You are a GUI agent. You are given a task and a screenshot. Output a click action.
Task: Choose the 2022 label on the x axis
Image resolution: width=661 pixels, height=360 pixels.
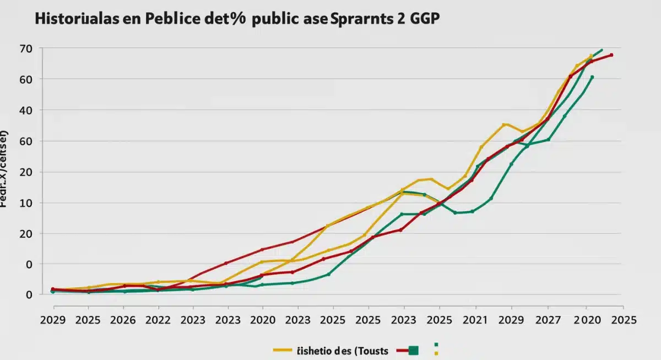[158, 320]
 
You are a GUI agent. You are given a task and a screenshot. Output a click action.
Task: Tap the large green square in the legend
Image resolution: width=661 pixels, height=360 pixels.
[414, 351]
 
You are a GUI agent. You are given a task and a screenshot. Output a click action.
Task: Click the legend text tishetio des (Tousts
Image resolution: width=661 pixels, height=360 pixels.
[343, 351]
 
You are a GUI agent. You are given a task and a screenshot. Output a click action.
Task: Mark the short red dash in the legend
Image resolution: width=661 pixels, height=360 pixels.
[400, 351]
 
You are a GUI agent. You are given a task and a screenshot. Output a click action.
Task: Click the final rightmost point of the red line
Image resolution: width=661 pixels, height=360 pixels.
[611, 55]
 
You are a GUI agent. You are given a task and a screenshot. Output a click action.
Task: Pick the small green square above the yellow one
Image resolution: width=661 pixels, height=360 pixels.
[436, 345]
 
